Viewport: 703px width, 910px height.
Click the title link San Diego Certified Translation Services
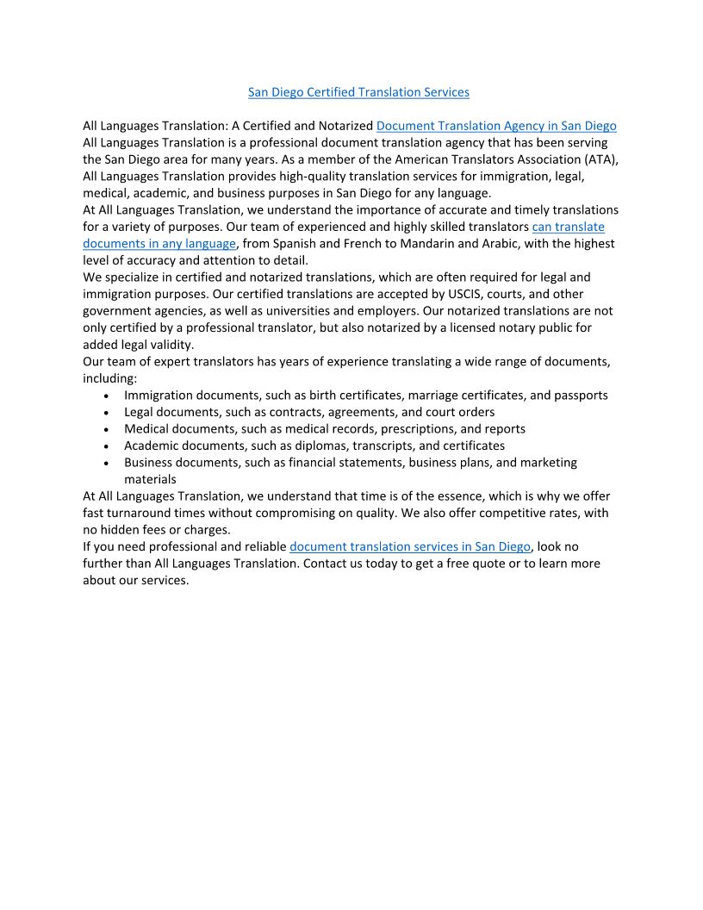[x=358, y=92]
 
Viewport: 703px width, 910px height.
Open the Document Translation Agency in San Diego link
[x=496, y=126]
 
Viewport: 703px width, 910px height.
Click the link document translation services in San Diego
[x=410, y=546]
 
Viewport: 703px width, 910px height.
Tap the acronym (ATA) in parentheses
[x=600, y=159]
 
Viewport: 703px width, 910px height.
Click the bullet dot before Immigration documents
[x=105, y=396]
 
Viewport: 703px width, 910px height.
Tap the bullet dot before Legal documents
[x=105, y=413]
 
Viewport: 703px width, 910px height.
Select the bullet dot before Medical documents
[x=105, y=430]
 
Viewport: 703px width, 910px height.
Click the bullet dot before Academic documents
[x=105, y=446]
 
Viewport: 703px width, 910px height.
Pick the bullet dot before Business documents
[x=105, y=464]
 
